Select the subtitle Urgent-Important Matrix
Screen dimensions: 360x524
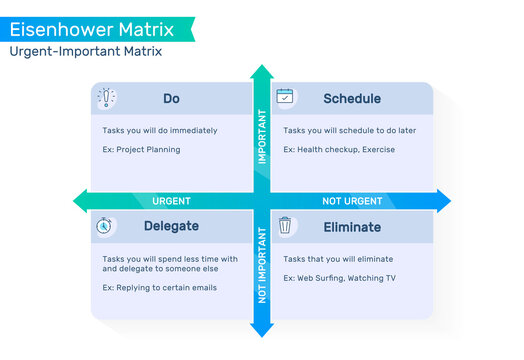coord(86,51)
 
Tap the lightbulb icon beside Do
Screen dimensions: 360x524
coord(106,98)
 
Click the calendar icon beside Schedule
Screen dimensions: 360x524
coord(285,97)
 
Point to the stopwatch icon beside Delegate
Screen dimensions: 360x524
coord(104,226)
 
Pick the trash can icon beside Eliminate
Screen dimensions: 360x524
coord(285,226)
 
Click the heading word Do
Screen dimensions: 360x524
coord(171,99)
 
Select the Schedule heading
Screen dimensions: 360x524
coord(351,99)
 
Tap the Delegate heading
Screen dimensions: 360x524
coord(171,227)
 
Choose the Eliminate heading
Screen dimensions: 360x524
coord(351,227)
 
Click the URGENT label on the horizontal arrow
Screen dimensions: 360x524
coord(171,201)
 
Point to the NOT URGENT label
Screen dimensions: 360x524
coord(352,201)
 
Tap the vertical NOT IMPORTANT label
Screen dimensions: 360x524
coord(262,265)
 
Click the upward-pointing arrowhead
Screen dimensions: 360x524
coord(262,72)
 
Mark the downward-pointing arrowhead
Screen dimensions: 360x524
coord(262,330)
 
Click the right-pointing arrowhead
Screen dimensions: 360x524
coord(443,201)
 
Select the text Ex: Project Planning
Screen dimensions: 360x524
coord(141,150)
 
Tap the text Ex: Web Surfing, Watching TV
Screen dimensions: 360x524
coord(338,278)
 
